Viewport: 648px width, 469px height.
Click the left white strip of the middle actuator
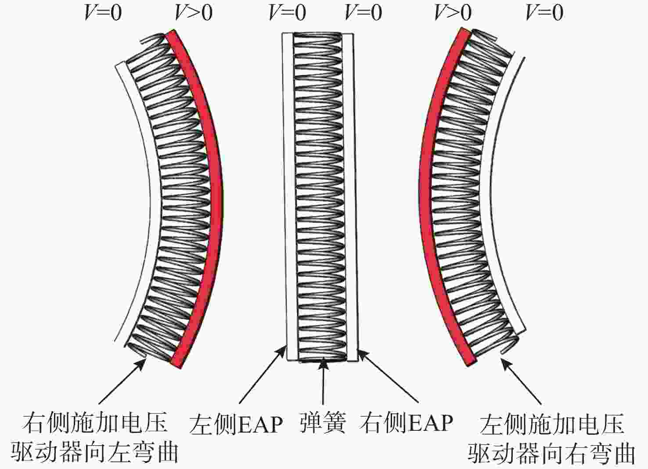click(288, 198)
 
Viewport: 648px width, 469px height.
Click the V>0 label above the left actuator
click(194, 13)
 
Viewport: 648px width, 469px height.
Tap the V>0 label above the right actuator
click(453, 13)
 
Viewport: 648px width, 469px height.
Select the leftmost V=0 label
click(103, 13)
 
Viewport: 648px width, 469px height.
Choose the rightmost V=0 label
click(544, 13)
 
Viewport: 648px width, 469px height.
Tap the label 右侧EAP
click(406, 423)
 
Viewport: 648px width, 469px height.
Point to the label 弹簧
click(323, 422)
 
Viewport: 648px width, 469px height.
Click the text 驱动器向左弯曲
click(94, 452)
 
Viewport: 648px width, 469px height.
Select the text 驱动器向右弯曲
click(551, 452)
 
